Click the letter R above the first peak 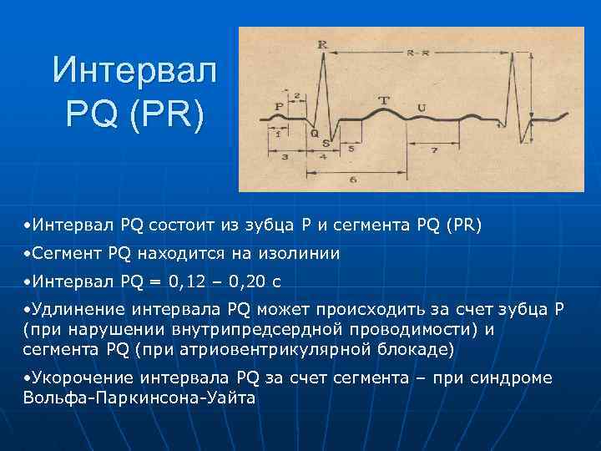point(322,43)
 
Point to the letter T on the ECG point(383,100)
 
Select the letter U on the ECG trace point(421,106)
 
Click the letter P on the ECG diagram point(279,106)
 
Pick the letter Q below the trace point(314,132)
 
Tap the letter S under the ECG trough point(326,143)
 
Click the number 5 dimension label point(351,148)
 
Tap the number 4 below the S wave point(323,156)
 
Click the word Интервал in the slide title point(134,69)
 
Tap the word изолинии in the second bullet point(297,253)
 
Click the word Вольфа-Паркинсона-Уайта point(140,398)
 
